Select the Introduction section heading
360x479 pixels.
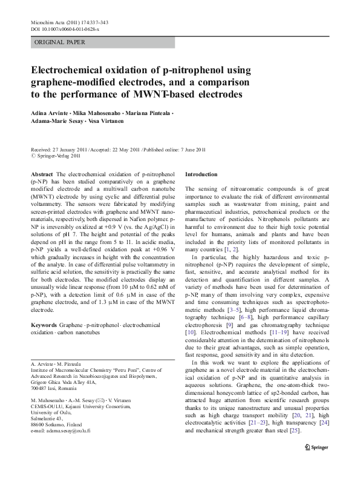204,174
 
